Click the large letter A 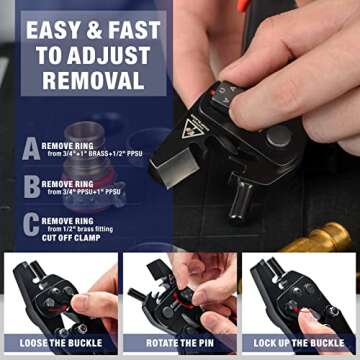(31, 148)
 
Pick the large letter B (31, 186)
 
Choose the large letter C (31, 225)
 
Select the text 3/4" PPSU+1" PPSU (84, 192)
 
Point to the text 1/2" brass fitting (84, 227)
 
